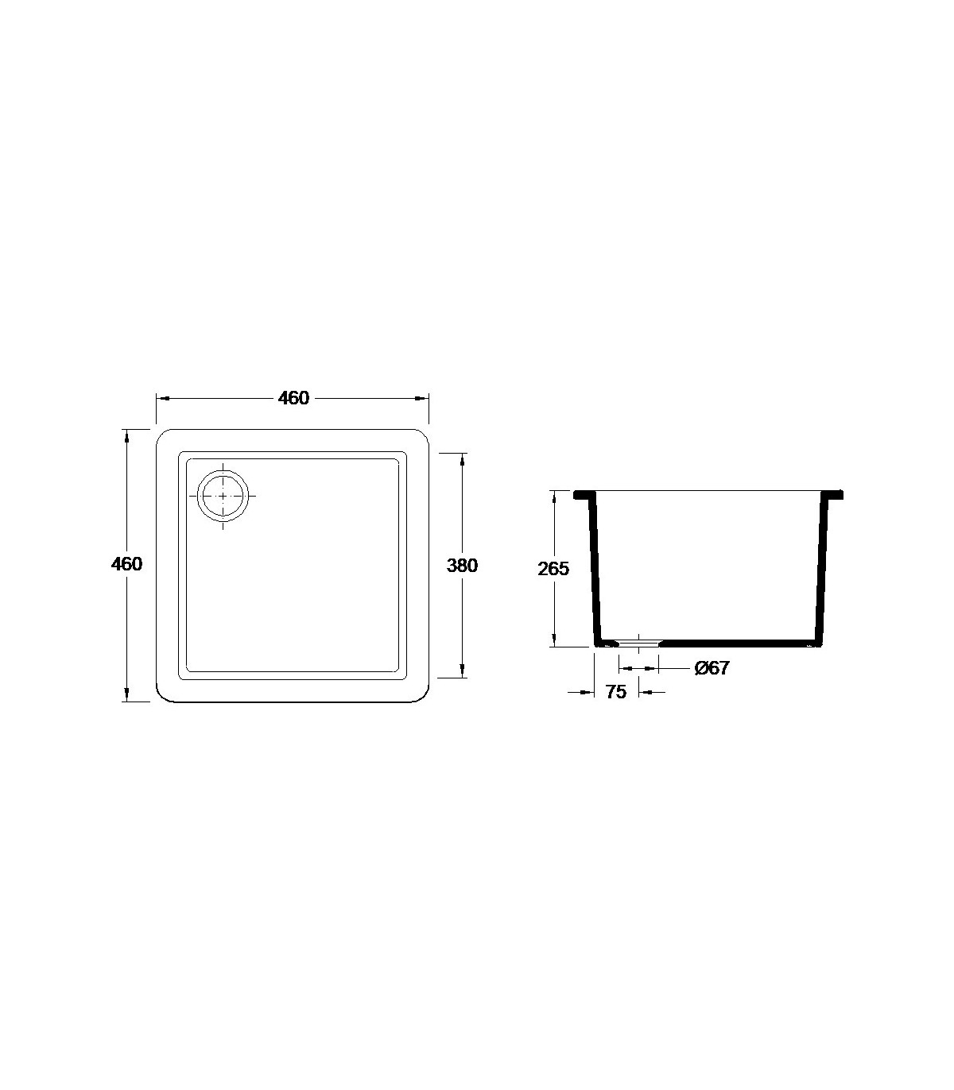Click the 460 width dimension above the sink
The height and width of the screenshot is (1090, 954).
(293, 398)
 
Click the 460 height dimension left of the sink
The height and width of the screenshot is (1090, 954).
(127, 563)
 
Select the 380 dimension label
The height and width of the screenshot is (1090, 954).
(462, 565)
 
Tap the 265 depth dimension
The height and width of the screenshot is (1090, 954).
(554, 569)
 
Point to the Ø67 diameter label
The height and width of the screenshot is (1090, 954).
(712, 668)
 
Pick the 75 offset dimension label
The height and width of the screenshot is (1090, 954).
(615, 692)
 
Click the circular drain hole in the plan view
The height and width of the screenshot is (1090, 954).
(223, 496)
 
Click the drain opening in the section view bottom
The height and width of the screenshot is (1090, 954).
(638, 643)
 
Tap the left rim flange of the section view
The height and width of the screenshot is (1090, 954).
(584, 495)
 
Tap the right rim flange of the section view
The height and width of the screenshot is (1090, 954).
(832, 495)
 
